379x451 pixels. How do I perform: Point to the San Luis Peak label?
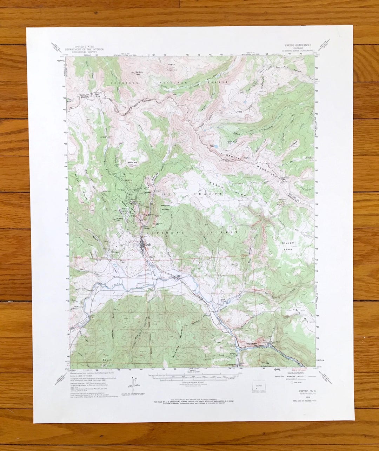click(140, 73)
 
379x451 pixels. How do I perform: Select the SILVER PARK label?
click(288, 245)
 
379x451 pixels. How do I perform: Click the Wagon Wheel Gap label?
click(254, 344)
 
